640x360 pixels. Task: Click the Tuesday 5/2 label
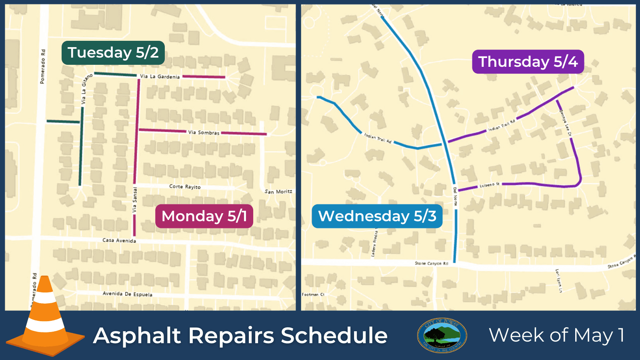tap(113, 53)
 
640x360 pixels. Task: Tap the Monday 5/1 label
tap(204, 216)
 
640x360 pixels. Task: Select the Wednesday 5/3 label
tap(377, 216)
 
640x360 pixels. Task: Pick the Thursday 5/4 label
tap(528, 62)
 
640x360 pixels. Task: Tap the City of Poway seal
tap(442, 335)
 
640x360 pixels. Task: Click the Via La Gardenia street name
tap(160, 76)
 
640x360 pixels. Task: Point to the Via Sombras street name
tap(204, 132)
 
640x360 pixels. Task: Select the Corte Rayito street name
tap(185, 187)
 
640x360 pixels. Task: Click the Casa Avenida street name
tap(119, 240)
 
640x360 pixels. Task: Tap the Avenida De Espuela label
tap(127, 294)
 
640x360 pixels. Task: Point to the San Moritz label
tap(278, 192)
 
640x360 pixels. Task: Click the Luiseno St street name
tap(490, 185)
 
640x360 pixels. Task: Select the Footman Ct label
tap(313, 294)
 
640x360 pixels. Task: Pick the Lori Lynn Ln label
tap(558, 280)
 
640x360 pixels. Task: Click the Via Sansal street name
tap(135, 200)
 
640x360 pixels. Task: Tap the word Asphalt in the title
tap(137, 335)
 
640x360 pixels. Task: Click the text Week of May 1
tap(556, 335)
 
